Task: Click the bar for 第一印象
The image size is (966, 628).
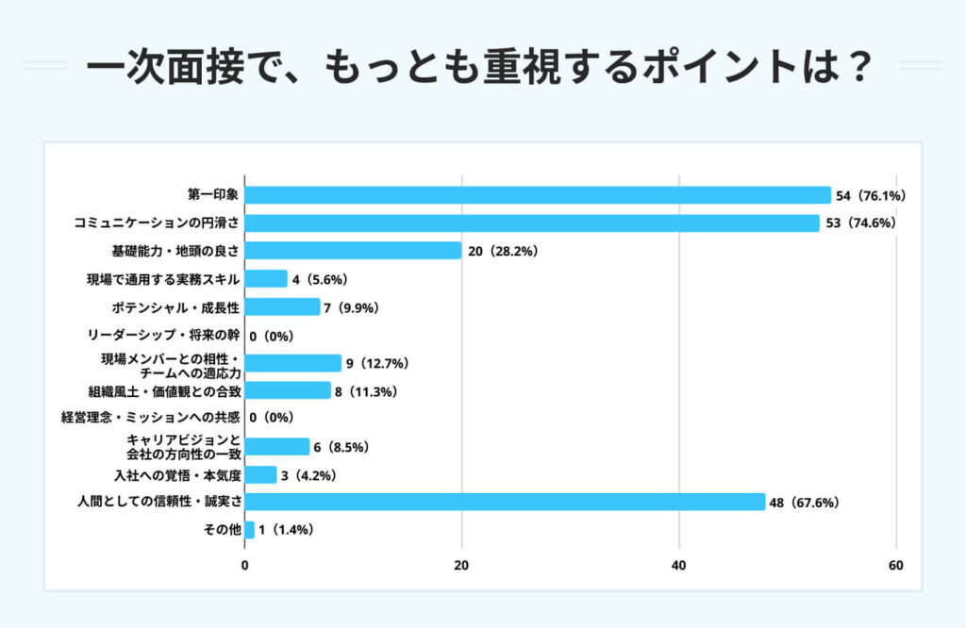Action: point(538,195)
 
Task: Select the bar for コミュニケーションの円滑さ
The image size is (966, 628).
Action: point(532,223)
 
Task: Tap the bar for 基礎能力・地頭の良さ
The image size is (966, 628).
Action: point(353,251)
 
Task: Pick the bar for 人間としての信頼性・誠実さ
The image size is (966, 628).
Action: point(505,502)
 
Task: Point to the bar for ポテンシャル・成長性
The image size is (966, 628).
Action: point(282,306)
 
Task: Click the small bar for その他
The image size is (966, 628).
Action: point(249,530)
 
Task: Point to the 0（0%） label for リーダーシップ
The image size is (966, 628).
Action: point(272,335)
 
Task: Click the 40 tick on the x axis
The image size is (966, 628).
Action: point(679,566)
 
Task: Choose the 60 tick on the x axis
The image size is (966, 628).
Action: point(896,566)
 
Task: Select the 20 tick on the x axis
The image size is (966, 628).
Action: point(461,566)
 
